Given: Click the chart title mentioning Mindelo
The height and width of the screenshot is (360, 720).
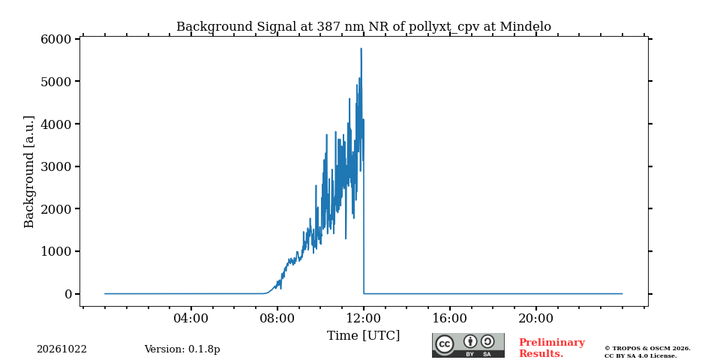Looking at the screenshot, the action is coord(364,27).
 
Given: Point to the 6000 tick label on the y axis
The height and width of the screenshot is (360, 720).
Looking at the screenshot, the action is coord(56,39).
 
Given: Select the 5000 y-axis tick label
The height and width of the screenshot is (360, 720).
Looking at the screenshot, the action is coord(56,81).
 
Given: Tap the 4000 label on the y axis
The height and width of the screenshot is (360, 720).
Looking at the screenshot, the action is coord(56,124).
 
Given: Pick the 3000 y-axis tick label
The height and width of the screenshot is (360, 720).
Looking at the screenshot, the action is coord(56,166).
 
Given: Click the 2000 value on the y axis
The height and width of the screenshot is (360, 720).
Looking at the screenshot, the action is coord(56,209).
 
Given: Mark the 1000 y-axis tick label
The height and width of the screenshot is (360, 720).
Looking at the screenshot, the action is coord(56,252).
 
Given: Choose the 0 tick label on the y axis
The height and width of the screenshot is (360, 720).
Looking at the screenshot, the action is coord(68,294).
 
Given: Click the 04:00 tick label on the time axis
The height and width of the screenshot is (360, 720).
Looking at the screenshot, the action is coord(191,318).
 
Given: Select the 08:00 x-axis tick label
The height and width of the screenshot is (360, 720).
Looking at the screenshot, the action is coord(277,318).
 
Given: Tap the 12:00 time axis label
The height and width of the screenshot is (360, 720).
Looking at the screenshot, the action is coord(364,318).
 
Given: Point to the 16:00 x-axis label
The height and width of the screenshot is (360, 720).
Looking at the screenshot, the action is coord(449,318).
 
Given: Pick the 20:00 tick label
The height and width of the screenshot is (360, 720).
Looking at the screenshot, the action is coord(535,318).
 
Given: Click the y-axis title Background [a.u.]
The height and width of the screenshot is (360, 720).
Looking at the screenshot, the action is coord(29,172).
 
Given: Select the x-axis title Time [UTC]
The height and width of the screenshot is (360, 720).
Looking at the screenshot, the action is coord(363,336).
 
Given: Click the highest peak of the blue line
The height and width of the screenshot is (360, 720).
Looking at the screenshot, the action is coord(361,48).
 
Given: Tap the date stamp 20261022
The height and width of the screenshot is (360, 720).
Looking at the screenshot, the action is coord(62,349).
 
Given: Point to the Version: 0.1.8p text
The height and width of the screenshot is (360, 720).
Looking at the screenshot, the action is coord(182,349).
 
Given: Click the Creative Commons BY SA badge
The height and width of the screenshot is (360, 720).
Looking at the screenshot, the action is coord(468,345).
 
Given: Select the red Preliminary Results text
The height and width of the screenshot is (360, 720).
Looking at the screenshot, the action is coord(552,348).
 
